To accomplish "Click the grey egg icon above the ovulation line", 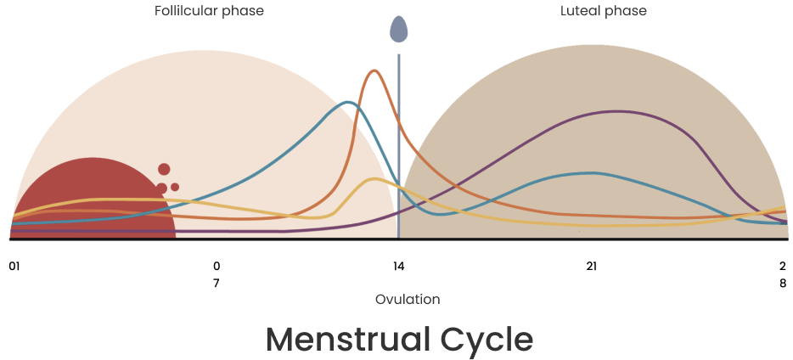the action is coord(398,30).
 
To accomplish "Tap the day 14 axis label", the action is coord(398,266).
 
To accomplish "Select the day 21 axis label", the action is coord(591,266).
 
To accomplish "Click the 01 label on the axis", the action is coord(14,266).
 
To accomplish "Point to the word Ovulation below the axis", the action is coord(408,300).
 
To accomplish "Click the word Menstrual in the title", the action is coord(348,340).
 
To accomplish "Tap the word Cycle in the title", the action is coord(486,340).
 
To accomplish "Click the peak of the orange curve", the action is coord(374,70).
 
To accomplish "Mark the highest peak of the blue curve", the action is coord(348,103).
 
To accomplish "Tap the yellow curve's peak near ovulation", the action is coord(374,179).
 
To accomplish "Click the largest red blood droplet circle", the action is coord(164,169).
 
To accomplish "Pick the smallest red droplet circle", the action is coord(175,187).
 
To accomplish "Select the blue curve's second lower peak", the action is coord(592,173).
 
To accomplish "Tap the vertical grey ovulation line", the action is coord(398,146).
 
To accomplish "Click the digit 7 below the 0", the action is coord(217,283).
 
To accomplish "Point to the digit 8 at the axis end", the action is coord(783,283).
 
